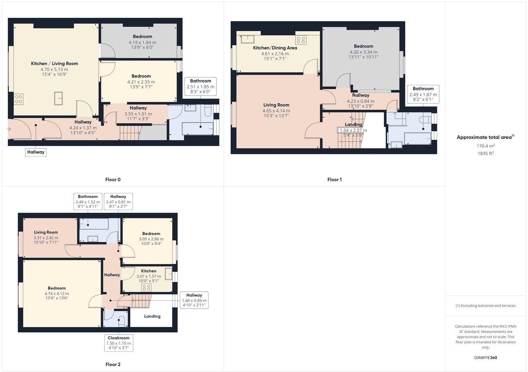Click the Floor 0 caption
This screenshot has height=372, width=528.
(x=113, y=180)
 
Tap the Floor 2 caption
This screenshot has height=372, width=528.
(x=113, y=364)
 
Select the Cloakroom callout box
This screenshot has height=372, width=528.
(x=119, y=343)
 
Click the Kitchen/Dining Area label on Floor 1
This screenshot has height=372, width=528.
(x=275, y=48)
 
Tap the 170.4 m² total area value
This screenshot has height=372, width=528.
(x=485, y=146)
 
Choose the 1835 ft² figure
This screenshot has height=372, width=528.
(x=485, y=153)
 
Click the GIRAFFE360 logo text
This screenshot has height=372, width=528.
(x=485, y=357)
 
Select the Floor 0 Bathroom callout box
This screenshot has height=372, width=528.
(x=200, y=86)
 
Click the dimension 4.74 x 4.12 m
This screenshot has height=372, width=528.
(x=57, y=294)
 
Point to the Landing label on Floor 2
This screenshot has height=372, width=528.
(x=152, y=316)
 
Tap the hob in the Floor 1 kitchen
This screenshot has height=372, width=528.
(x=301, y=40)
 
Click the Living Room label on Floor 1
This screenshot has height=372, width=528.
(x=276, y=105)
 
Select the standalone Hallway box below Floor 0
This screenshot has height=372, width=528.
(x=36, y=152)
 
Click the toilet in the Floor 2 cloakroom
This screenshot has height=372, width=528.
(x=121, y=321)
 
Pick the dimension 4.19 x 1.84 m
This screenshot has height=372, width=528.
(x=143, y=42)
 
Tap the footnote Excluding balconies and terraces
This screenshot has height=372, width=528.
(x=485, y=306)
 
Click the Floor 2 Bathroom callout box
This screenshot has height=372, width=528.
(x=88, y=201)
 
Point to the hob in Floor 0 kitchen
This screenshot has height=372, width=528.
(x=19, y=99)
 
